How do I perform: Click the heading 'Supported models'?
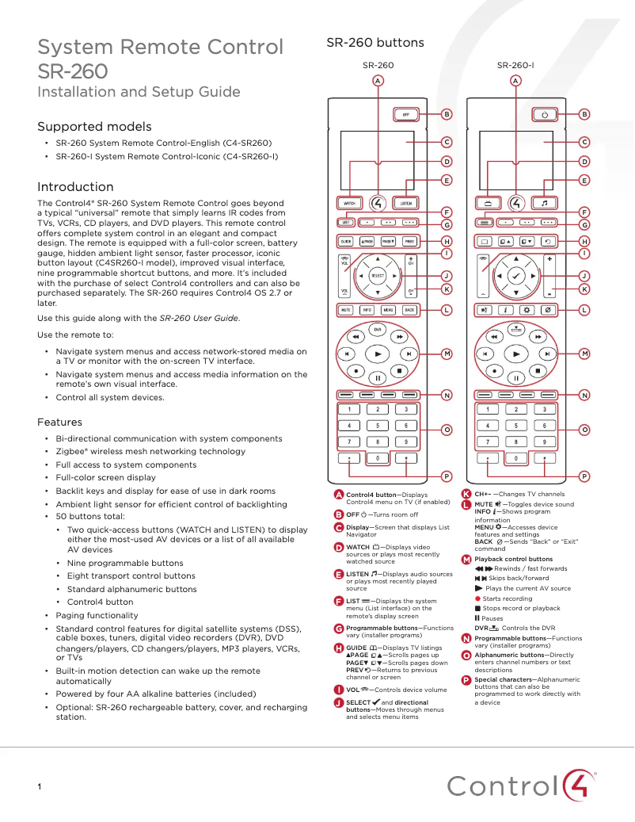[94, 127]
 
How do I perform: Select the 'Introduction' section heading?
[75, 187]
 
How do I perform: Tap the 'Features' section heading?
[59, 422]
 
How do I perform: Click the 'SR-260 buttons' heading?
[375, 43]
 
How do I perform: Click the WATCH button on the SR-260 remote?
[348, 203]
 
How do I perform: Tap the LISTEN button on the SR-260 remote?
[406, 203]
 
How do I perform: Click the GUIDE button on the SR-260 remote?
[346, 240]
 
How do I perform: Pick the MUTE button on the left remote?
[346, 310]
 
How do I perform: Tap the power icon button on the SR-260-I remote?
[545, 115]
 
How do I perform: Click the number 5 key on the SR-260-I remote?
[516, 426]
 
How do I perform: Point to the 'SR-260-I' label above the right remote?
[515, 65]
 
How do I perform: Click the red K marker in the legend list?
[466, 494]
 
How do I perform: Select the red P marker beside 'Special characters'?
[466, 679]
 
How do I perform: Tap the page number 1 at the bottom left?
[39, 786]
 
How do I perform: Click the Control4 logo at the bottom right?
[522, 786]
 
